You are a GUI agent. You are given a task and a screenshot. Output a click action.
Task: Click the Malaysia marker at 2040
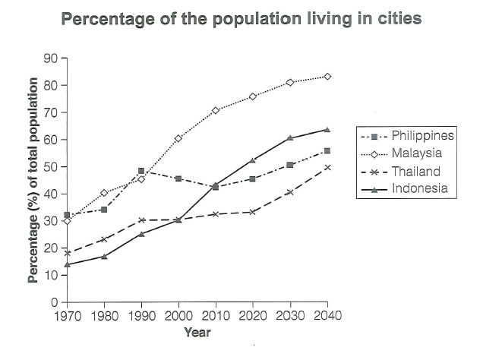(x=327, y=77)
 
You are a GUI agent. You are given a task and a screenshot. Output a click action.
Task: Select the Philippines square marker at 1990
(x=141, y=171)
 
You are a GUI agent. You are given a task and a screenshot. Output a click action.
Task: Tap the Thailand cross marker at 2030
(x=290, y=192)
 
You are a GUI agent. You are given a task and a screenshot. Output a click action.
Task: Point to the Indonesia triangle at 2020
(x=253, y=160)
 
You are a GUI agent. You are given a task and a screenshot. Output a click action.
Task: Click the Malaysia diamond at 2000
(x=178, y=138)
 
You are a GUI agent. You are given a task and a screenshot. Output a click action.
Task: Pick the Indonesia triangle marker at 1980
(x=104, y=256)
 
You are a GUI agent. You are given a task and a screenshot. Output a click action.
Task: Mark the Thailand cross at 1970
(x=67, y=253)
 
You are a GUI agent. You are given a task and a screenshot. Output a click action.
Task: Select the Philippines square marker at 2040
(x=327, y=151)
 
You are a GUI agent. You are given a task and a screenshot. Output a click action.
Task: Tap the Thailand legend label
(x=416, y=171)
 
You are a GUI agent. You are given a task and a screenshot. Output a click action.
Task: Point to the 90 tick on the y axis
(x=51, y=58)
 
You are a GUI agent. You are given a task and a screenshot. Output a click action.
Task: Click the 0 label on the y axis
(x=55, y=302)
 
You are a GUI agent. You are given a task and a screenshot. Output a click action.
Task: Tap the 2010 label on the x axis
(x=216, y=316)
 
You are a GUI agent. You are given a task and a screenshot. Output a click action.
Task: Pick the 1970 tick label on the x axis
(x=68, y=316)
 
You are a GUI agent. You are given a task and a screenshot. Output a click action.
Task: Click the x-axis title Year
(x=197, y=333)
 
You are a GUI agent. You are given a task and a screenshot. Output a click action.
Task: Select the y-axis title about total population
(x=33, y=180)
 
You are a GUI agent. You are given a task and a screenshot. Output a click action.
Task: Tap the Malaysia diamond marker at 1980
(x=104, y=193)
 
